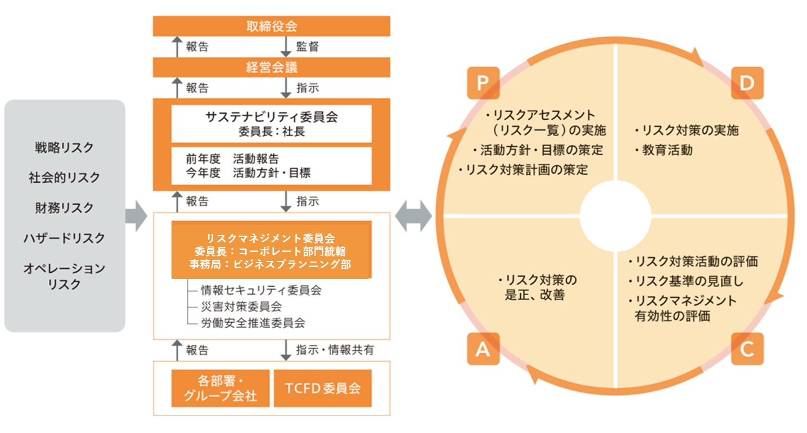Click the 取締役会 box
pos(271,26)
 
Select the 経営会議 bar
pos(271,67)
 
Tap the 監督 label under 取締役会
pos(307,47)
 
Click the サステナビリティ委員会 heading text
pos(271,117)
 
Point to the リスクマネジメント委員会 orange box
pos(271,250)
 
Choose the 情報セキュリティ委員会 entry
pos(261,290)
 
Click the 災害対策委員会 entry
pos(241,306)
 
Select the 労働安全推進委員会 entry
pos(253,323)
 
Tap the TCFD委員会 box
pos(323,389)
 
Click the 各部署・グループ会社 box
pos(220,389)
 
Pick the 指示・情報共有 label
pos(335,350)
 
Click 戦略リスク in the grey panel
pos(64,147)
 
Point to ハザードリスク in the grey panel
pos(64,238)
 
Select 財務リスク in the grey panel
pos(64,208)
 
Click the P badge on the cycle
pos(483,83)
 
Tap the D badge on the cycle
pos(747,83)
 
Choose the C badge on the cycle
pos(747,349)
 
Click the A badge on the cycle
pos(483,349)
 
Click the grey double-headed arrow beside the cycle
pos(413,216)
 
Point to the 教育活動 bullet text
pos(664,150)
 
